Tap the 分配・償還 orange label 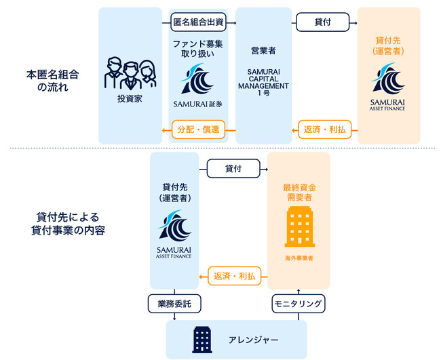pyautogui.click(x=199, y=129)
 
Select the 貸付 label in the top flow pyautogui.click(x=323, y=22)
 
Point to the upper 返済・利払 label pyautogui.click(x=323, y=129)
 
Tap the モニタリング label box pyautogui.click(x=299, y=303)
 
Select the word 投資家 pyautogui.click(x=130, y=100)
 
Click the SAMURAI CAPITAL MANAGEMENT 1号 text pyautogui.click(x=265, y=81)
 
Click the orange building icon pyautogui.click(x=299, y=226)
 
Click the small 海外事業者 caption pyautogui.click(x=299, y=258)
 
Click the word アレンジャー pyautogui.click(x=254, y=339)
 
